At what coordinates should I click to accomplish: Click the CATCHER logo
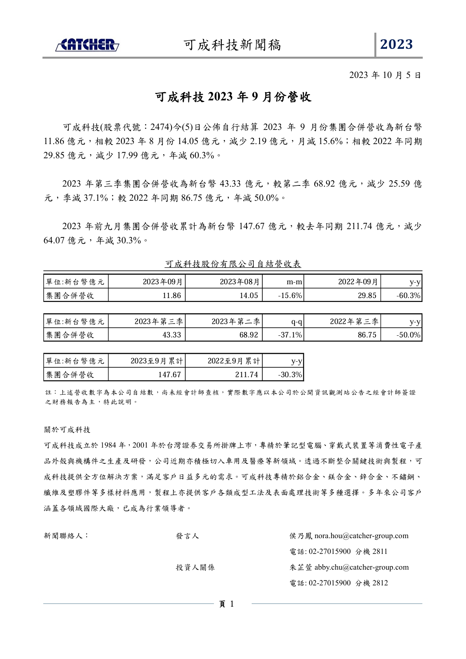[x=87, y=45]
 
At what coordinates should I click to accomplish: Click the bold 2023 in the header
[x=396, y=44]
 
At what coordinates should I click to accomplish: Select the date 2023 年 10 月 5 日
[x=385, y=75]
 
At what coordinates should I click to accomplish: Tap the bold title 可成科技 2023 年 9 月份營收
[x=233, y=97]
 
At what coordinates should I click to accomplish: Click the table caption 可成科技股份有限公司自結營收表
[x=233, y=264]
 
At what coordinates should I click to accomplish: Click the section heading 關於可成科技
[x=67, y=429]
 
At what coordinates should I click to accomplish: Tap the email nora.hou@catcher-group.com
[x=361, y=536]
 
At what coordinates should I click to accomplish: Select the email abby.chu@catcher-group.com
[x=361, y=567]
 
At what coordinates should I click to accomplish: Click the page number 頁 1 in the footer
[x=227, y=604]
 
